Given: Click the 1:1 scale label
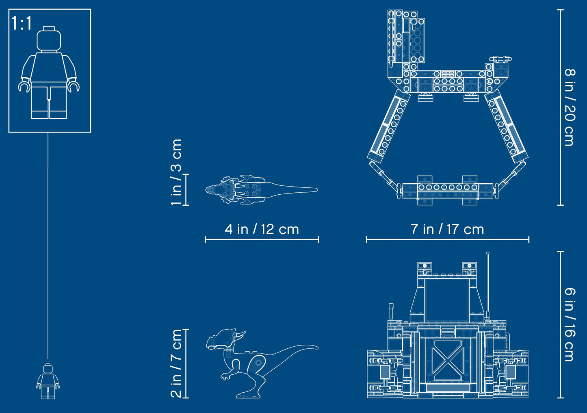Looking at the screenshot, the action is click(22, 23).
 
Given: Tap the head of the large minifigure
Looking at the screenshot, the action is click(49, 38).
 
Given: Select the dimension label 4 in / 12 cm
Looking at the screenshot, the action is click(262, 229).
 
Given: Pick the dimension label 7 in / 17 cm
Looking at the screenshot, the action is click(447, 229).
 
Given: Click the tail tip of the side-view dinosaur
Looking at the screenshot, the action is click(318, 348).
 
